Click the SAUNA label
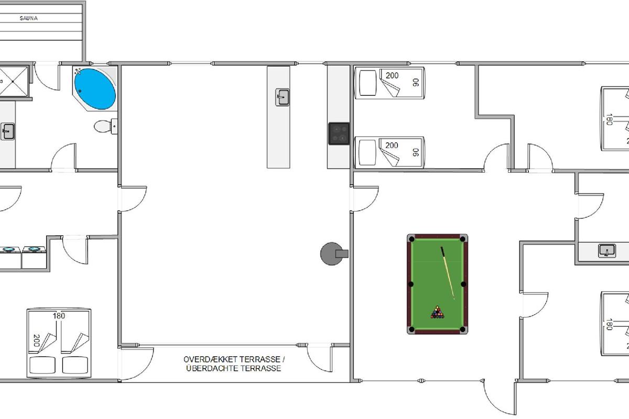(29, 18)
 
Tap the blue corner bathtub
(95, 89)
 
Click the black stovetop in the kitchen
(339, 134)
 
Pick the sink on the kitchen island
(282, 97)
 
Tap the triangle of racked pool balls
(437, 312)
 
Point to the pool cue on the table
(447, 273)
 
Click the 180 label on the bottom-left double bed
(59, 316)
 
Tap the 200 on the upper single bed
(392, 75)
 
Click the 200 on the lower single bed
(392, 146)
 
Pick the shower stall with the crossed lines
(13, 82)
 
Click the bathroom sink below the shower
(7, 131)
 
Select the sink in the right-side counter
(607, 250)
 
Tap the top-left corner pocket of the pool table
(411, 239)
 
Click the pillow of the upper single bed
(368, 83)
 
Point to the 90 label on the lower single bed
(416, 152)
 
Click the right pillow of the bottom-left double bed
(75, 365)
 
